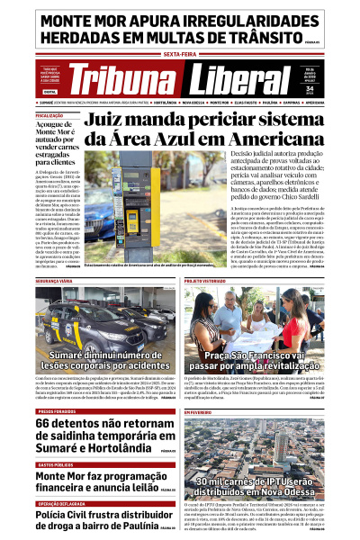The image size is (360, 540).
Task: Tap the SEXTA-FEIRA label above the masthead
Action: pos(180,54)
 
